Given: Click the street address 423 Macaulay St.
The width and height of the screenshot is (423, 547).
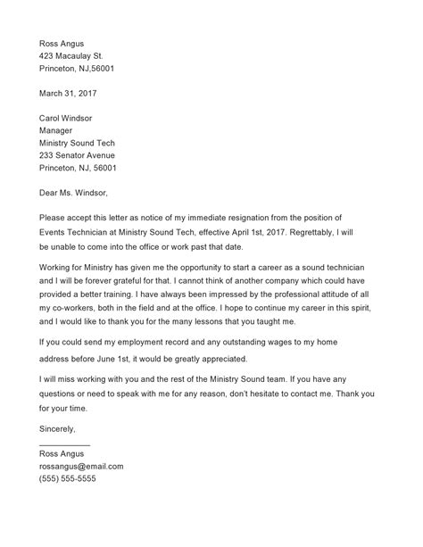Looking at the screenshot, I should click(77, 56).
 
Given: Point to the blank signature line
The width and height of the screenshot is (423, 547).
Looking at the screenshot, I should click(64, 443).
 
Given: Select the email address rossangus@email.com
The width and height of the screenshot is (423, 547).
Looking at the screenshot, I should click(81, 466).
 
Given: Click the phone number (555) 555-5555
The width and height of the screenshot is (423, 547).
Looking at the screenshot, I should click(68, 479).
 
